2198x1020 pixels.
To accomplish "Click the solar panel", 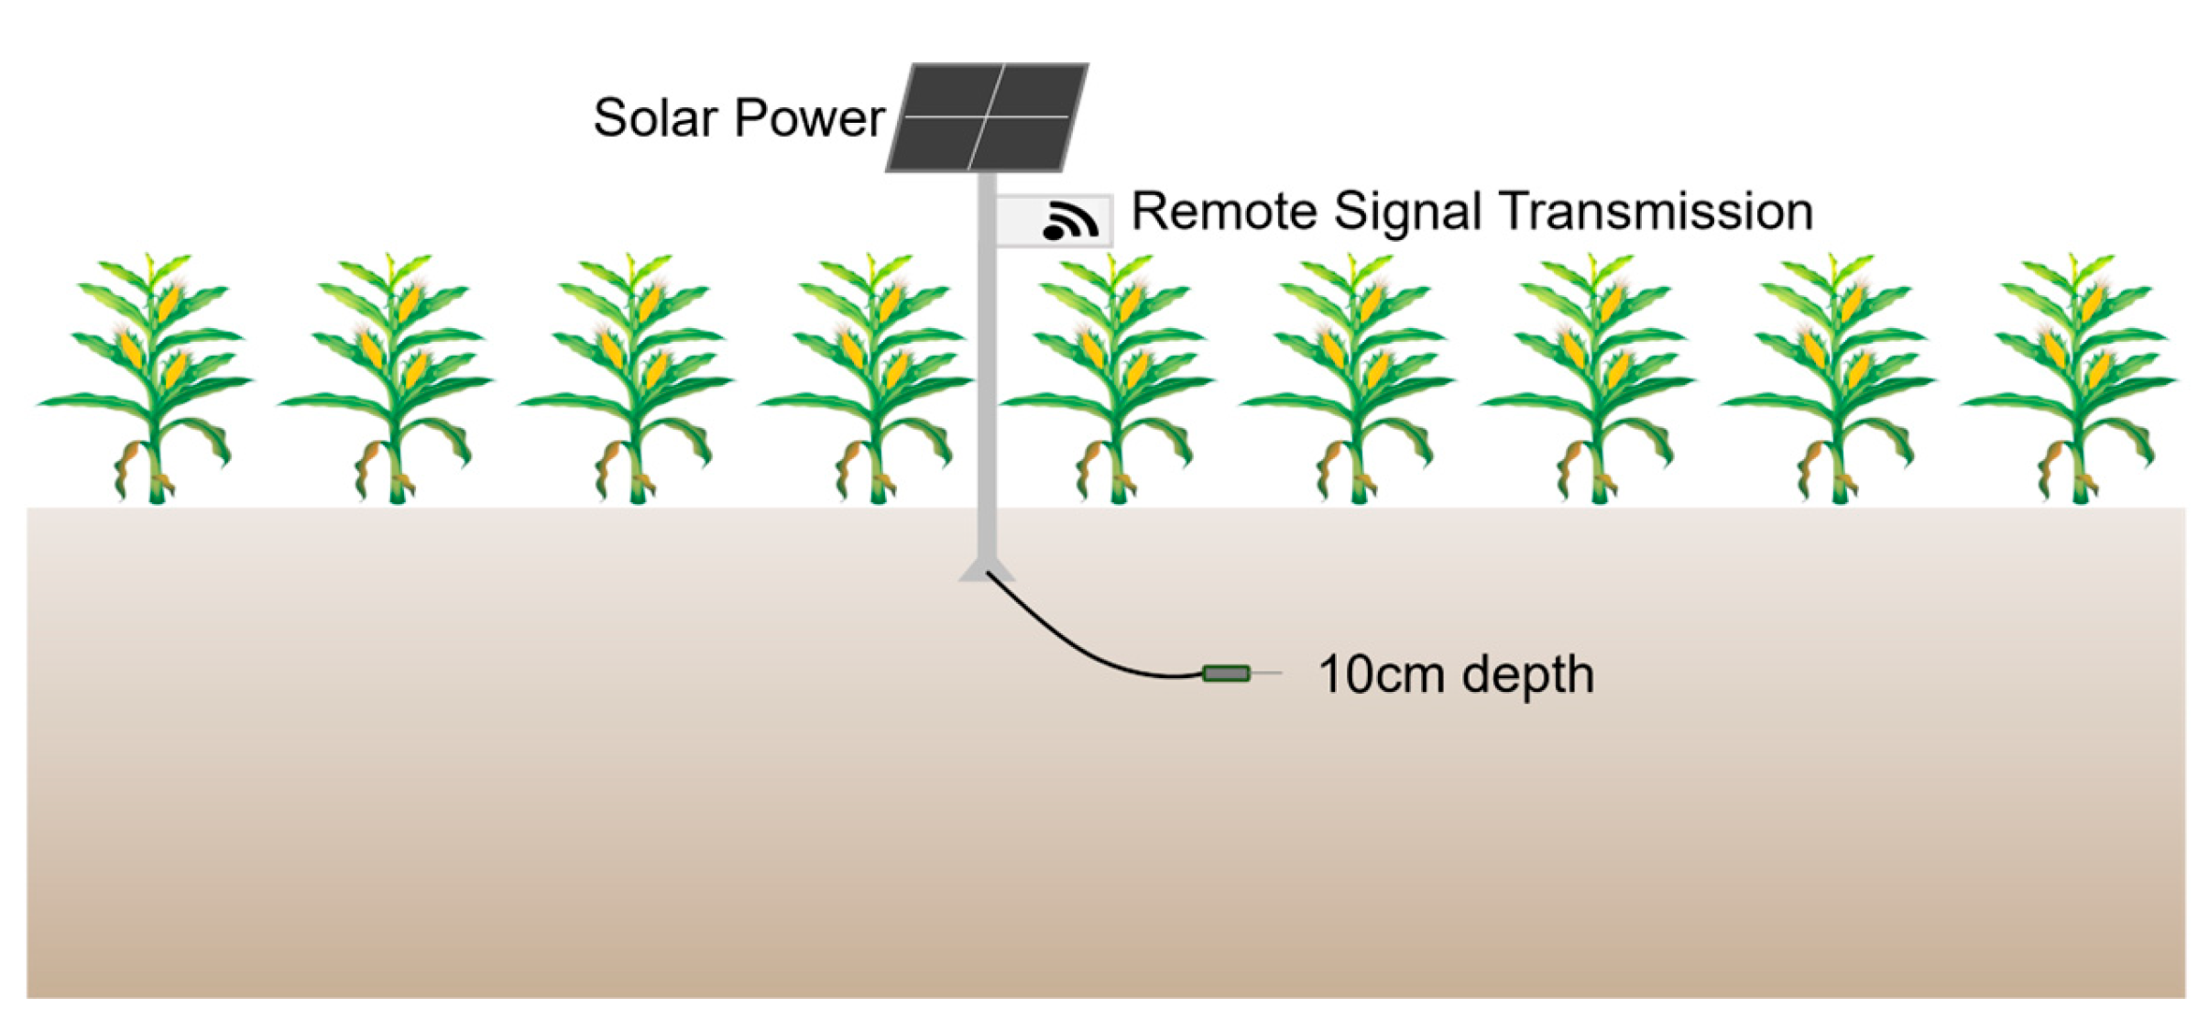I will click(988, 116).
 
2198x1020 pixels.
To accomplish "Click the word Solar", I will click(655, 118).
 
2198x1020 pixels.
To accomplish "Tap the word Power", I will click(810, 118).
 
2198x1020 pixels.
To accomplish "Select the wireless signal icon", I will click(1070, 221).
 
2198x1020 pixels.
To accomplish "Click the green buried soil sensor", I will click(1226, 675).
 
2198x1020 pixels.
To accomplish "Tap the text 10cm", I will click(1380, 675).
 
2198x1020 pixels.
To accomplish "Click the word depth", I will click(1528, 675).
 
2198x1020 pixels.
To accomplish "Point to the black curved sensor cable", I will click(1072, 646).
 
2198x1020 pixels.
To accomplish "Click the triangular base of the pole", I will click(986, 572).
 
